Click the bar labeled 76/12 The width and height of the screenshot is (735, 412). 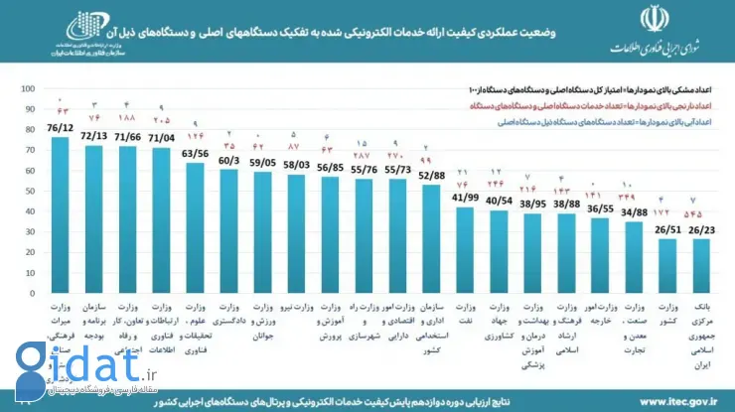pos(61,218)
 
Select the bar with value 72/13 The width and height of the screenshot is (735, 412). pos(94,223)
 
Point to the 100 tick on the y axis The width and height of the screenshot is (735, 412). pos(30,88)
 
